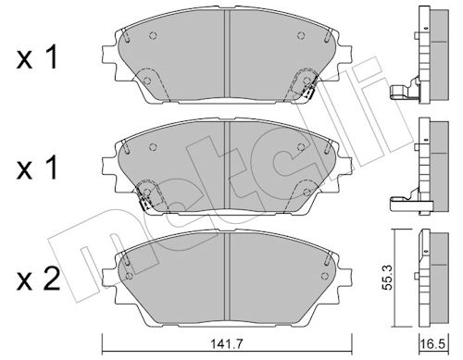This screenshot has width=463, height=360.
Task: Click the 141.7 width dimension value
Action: (227, 343)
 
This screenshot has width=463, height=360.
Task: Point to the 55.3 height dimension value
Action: (387, 278)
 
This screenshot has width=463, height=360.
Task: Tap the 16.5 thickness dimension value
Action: (433, 344)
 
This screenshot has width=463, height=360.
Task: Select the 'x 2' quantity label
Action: (38, 279)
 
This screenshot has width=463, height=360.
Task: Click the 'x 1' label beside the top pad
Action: (37, 57)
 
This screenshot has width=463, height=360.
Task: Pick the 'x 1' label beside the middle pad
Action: (37, 168)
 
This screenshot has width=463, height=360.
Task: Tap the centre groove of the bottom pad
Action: (227, 276)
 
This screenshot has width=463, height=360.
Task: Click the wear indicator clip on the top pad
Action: (309, 91)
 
